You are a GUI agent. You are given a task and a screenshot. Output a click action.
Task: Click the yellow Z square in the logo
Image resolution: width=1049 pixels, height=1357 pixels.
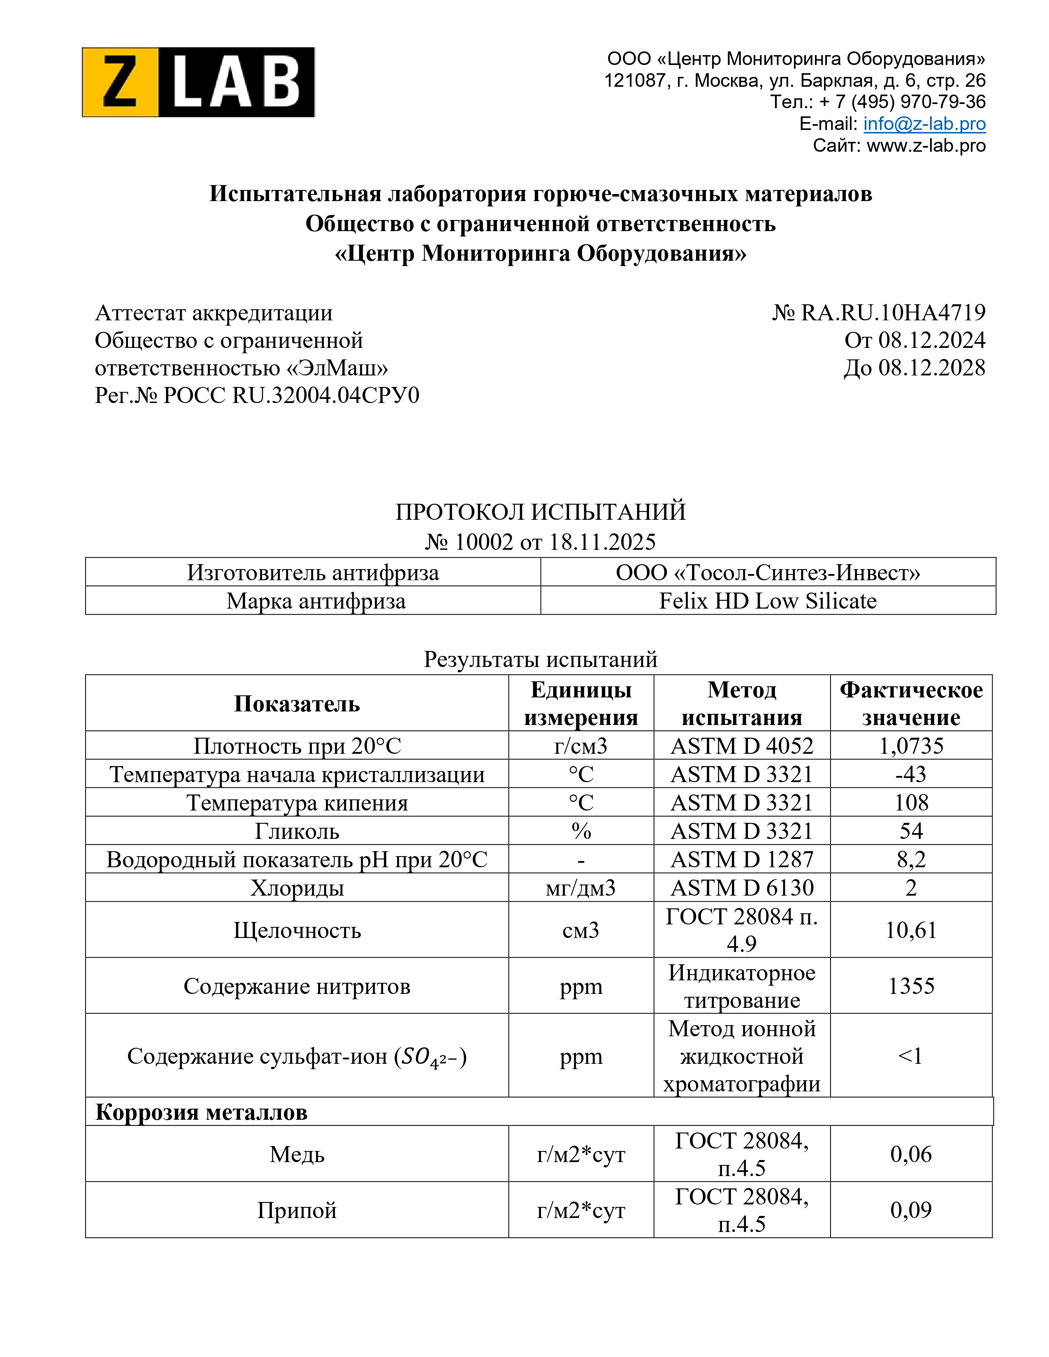point(120,82)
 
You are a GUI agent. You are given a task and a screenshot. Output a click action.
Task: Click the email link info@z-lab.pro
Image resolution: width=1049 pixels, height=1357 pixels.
point(924,124)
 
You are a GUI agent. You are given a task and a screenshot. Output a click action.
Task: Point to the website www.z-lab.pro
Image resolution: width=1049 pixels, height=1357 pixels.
point(926,146)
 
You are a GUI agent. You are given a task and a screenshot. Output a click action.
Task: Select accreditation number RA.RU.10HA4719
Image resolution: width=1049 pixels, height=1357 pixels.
point(892,313)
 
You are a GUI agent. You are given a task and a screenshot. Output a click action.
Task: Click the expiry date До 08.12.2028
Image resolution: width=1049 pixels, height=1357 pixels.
point(914,368)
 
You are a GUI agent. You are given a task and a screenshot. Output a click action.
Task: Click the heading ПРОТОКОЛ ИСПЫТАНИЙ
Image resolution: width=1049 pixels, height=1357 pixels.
point(540,512)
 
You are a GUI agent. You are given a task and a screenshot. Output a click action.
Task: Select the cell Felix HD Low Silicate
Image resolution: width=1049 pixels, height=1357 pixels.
point(768,601)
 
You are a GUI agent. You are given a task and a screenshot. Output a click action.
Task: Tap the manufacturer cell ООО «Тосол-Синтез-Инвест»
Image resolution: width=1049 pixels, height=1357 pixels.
point(768,572)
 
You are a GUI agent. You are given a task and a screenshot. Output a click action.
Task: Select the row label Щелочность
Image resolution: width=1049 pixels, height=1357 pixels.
point(297,930)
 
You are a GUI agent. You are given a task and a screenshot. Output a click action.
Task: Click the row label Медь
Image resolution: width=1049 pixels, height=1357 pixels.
point(297,1154)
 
